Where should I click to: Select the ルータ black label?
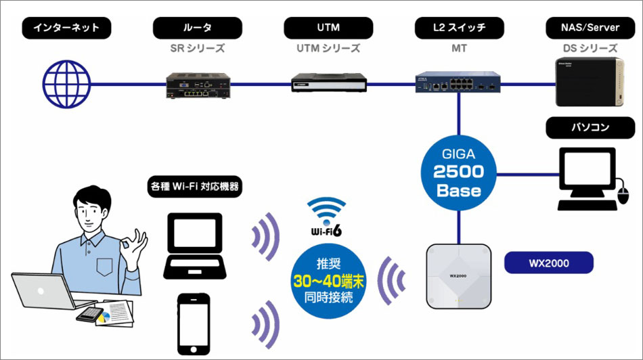tap(197, 28)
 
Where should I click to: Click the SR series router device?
tap(197, 85)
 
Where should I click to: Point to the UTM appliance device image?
tap(328, 83)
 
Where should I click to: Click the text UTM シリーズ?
tap(328, 49)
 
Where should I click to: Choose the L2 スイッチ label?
tap(460, 28)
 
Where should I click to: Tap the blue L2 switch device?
tap(460, 83)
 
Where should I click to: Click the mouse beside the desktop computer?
tap(623, 197)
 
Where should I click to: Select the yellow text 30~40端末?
tap(330, 281)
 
